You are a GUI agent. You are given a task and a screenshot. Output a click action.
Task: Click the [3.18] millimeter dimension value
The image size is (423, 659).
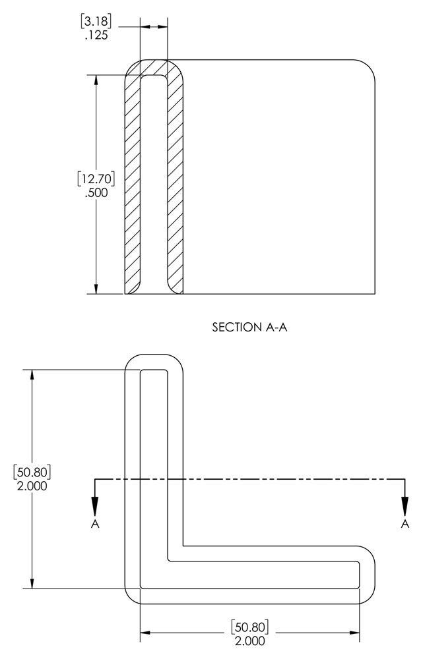click(96, 20)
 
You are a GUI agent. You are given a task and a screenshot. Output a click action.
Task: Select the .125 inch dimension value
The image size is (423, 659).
click(97, 35)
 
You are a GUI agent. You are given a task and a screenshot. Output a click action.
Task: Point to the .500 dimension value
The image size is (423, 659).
click(96, 192)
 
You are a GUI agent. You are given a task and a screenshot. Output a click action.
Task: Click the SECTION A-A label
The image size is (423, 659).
click(249, 328)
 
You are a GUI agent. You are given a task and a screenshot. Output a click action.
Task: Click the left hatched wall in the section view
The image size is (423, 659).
click(132, 185)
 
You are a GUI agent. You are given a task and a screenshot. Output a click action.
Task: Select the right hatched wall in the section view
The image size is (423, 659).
click(175, 185)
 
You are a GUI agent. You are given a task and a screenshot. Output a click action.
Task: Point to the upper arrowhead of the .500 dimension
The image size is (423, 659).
click(97, 81)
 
